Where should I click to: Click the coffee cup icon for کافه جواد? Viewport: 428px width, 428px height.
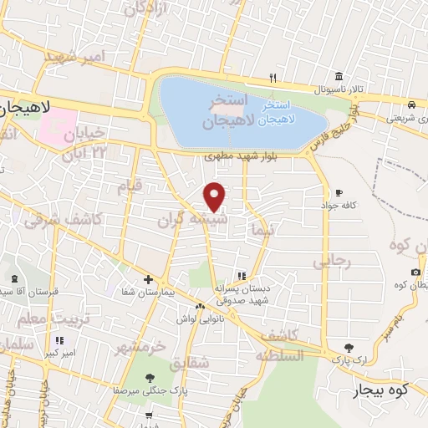338,192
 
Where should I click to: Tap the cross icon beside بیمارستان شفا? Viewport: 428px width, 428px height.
148,279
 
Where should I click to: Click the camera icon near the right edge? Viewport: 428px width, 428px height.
415,272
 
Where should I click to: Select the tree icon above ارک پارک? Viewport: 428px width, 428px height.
349,348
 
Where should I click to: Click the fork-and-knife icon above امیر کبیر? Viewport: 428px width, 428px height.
59,340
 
